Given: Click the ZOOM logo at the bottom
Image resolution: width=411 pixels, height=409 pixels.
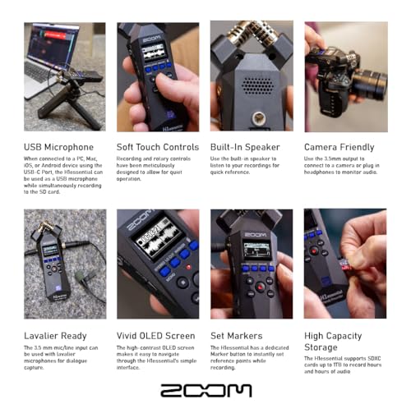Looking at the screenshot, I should point(205,390).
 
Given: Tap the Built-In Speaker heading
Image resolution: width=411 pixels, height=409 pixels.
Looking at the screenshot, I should point(246,147).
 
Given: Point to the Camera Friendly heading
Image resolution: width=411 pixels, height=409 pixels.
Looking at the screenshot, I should point(339,147).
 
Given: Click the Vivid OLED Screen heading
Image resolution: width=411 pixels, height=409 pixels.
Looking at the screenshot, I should point(155,336).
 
